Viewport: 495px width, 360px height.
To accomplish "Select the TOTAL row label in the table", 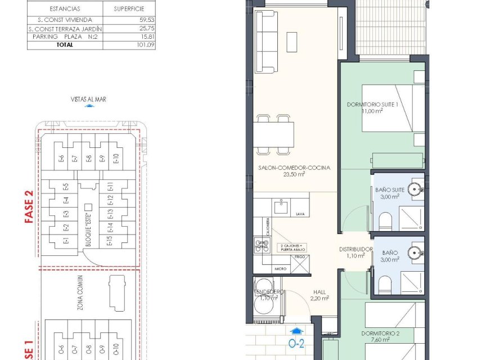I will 65,44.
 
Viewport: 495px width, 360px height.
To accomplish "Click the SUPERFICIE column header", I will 130,9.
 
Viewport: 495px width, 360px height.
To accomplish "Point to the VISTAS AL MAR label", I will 89,99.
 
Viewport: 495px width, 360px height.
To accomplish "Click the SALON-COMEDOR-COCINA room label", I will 294,168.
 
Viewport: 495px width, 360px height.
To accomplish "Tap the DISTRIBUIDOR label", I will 355,249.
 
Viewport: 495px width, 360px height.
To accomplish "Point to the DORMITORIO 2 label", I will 381,334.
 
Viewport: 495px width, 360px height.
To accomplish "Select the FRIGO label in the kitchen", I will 300,256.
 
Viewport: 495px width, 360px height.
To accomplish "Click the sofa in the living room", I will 265,40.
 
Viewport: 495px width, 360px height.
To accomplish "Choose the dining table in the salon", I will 274,134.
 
